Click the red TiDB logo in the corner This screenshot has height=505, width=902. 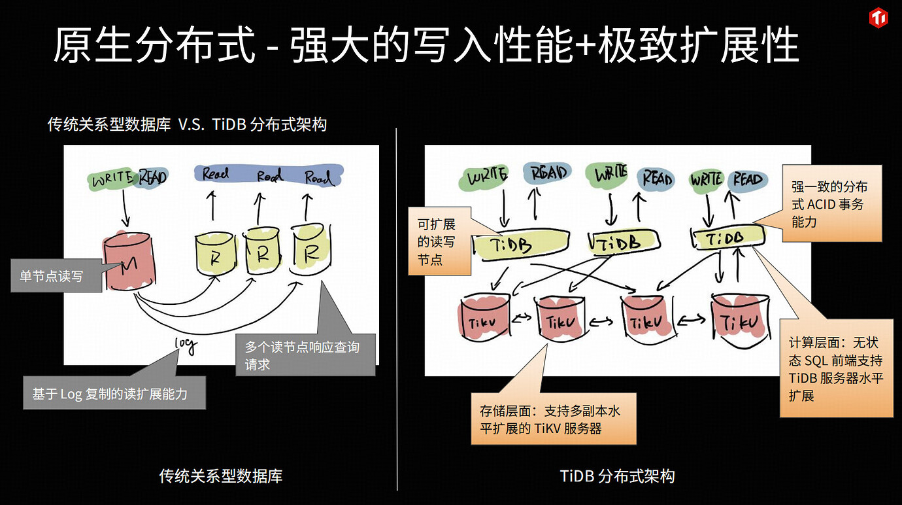[878, 18]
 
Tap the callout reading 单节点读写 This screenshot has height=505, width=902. [56, 275]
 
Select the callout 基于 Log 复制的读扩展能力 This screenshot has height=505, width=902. [114, 393]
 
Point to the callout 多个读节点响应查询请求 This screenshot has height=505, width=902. [305, 355]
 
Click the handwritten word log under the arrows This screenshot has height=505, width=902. [185, 345]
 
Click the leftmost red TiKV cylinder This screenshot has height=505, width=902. [486, 321]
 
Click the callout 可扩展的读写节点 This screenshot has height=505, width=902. [439, 242]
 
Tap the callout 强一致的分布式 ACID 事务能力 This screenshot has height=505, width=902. [833, 203]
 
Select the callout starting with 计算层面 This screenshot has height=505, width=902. [836, 368]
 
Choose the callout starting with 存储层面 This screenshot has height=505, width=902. [553, 419]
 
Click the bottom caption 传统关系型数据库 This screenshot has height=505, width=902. [221, 476]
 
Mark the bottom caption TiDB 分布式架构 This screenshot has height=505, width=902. [617, 476]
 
